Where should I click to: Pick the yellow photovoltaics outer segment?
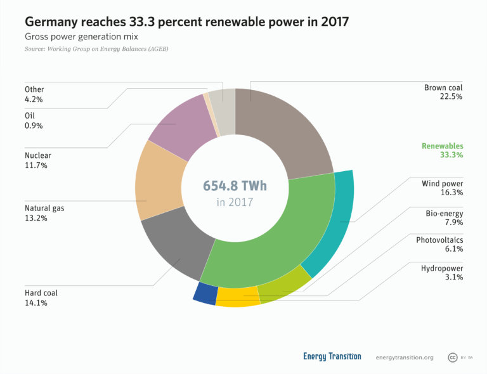[x=238, y=297]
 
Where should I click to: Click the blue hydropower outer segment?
[x=205, y=293]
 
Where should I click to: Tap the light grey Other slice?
[x=222, y=101]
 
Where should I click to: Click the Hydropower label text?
[x=442, y=268]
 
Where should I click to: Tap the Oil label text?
[x=30, y=115]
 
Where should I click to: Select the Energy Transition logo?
[x=332, y=357]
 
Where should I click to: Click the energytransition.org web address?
[x=405, y=358]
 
